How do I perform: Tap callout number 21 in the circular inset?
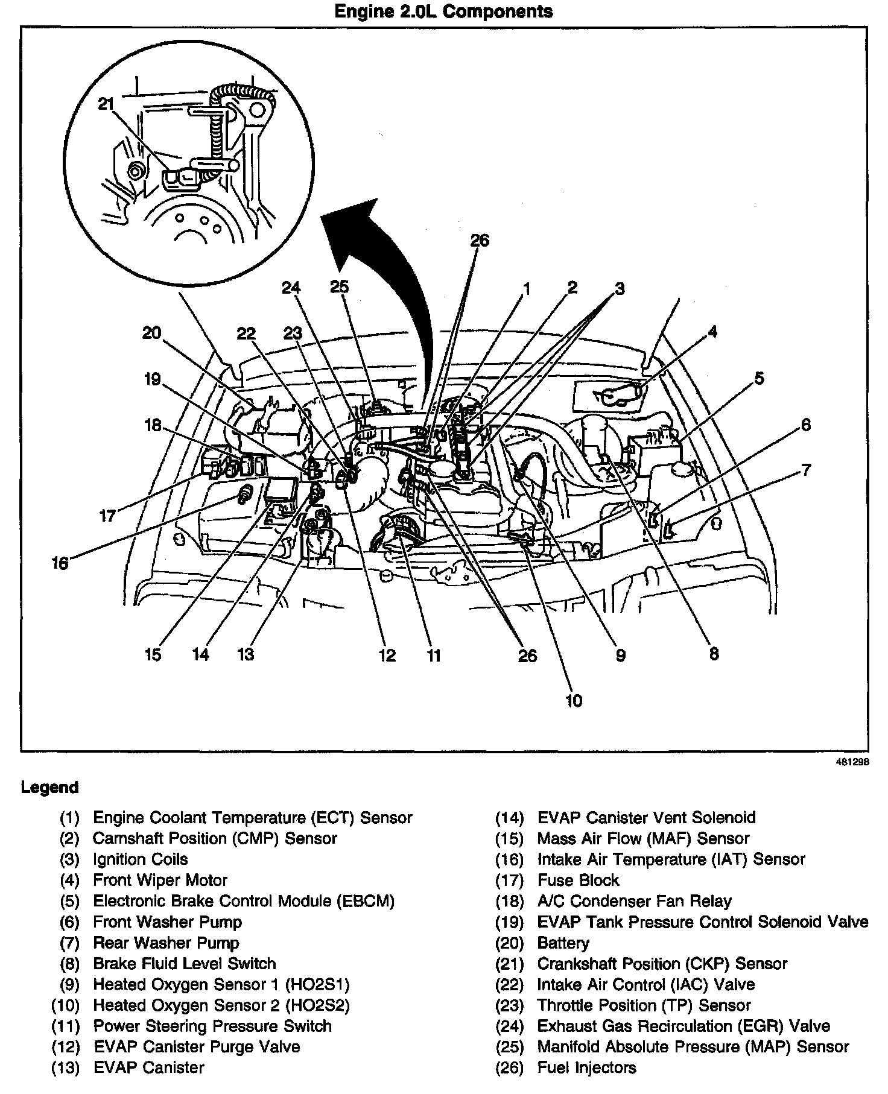(106, 104)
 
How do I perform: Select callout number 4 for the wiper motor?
(713, 332)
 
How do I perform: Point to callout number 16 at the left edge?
(60, 564)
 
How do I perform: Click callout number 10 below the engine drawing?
(574, 700)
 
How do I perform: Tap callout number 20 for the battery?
(152, 332)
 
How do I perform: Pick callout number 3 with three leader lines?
(620, 289)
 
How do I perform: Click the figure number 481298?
(852, 762)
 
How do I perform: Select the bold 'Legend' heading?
(49, 788)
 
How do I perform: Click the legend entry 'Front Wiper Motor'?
(160, 881)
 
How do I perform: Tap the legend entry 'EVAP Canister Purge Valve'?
(196, 1046)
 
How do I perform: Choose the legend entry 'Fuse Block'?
(578, 881)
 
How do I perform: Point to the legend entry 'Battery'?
(563, 943)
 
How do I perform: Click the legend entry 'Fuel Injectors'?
(586, 1067)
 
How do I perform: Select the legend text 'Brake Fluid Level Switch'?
(184, 964)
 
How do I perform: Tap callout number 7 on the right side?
(807, 470)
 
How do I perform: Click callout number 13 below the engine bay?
(246, 654)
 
